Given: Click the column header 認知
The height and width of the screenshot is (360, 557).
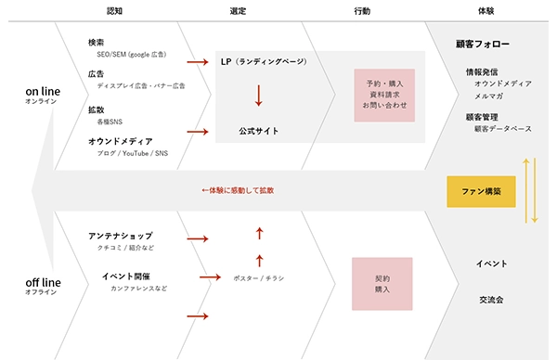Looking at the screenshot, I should point(115,11).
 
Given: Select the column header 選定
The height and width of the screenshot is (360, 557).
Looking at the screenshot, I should point(237,11).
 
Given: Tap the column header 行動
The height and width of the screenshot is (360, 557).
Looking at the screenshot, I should point(362,11).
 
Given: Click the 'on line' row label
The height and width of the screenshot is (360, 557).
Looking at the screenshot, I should point(44,93).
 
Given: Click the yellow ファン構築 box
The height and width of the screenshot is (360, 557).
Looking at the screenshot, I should point(481,191).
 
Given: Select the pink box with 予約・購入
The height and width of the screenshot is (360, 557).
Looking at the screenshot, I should point(383,94).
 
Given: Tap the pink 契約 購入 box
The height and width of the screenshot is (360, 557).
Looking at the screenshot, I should point(382,284).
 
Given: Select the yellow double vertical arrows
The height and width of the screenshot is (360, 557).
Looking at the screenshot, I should point(530,190).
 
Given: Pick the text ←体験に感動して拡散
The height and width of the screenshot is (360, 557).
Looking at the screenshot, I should point(238,190).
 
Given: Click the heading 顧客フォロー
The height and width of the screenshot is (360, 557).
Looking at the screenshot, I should point(483,44).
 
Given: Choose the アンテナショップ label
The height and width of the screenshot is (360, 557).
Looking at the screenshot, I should point(121,236).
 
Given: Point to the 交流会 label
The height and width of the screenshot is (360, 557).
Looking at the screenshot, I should point(490,300).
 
